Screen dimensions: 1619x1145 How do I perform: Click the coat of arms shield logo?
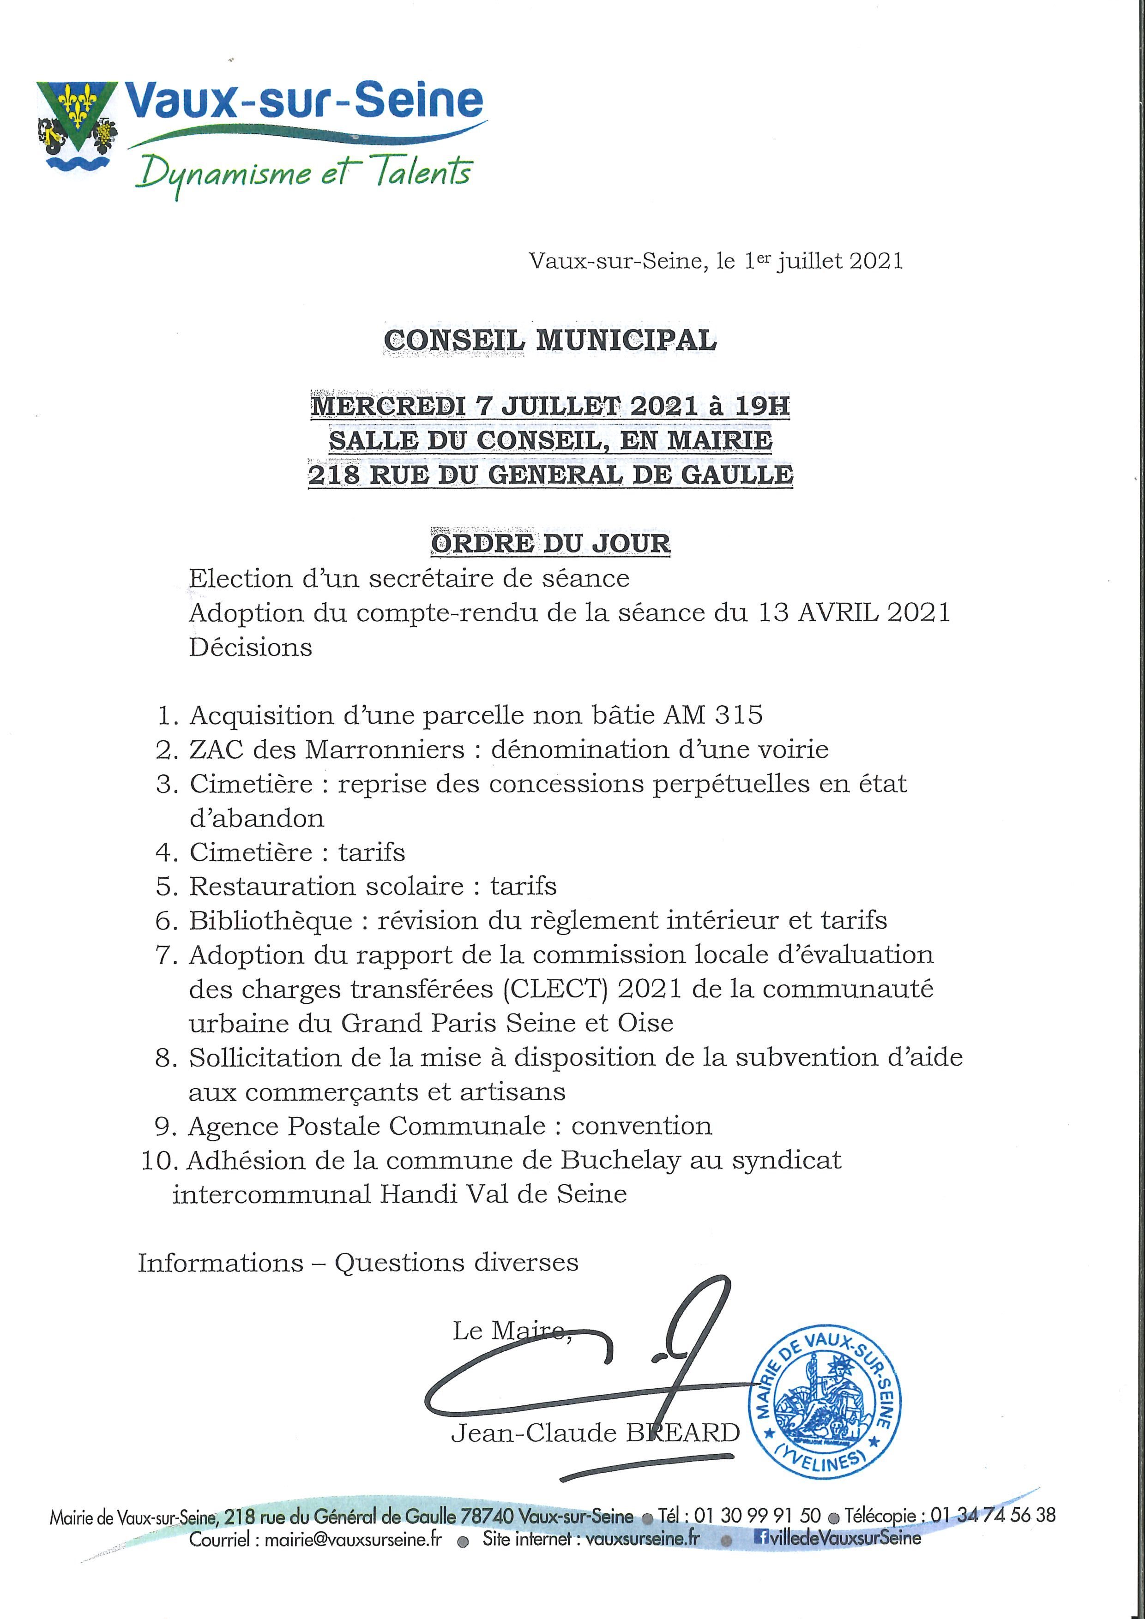[77, 127]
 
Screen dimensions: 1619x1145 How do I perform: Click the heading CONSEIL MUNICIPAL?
[550, 341]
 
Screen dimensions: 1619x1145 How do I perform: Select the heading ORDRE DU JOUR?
[550, 543]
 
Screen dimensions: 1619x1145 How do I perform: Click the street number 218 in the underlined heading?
[334, 474]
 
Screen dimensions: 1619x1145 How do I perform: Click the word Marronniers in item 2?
[385, 749]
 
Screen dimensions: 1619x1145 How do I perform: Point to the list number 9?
[164, 1126]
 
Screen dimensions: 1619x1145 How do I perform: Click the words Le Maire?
[508, 1331]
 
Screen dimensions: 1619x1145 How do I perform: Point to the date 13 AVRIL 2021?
[854, 612]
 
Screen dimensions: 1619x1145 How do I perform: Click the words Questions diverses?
[457, 1262]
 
